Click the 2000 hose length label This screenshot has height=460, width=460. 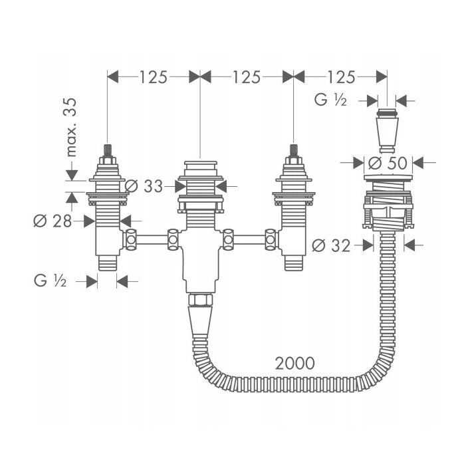coord(295,364)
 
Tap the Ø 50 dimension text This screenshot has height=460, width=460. coord(388,163)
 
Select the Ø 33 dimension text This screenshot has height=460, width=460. coord(144,186)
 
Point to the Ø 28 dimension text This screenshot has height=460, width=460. coord(53,221)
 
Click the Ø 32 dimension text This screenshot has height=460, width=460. coord(331,245)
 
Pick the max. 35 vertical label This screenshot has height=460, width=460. coord(71,127)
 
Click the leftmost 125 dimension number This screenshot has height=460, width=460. coord(153,77)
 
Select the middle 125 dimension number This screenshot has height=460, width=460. coord(247,77)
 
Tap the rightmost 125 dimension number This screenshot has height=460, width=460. coord(341,77)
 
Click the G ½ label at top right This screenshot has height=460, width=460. coord(330,100)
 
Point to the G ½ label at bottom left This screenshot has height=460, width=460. coord(50,281)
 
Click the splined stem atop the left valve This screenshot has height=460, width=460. coord(108,151)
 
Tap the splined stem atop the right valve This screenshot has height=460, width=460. coord(294,151)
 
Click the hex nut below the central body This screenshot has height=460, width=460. coord(200,300)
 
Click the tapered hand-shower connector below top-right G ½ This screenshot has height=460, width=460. coord(388,131)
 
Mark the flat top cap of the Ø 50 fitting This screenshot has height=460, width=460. coord(388,177)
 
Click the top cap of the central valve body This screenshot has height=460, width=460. coord(200,166)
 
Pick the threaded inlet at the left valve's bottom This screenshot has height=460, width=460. coord(107,263)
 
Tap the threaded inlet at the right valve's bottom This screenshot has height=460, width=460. coord(293,263)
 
